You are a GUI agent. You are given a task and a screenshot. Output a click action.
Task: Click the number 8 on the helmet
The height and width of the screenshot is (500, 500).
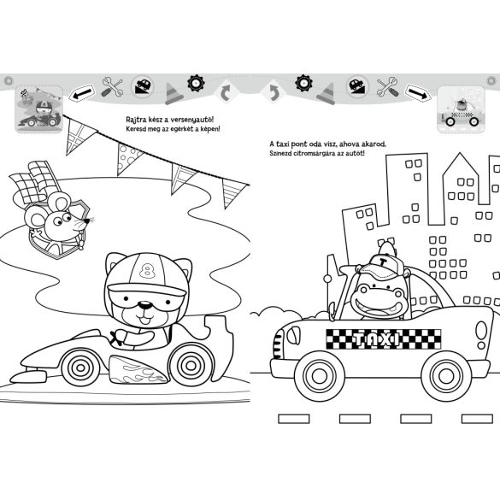pos(146,271)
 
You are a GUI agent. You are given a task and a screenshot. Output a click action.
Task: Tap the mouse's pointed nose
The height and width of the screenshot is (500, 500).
pos(86,221)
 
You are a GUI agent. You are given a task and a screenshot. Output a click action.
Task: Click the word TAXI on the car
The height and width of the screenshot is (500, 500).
pos(377,339)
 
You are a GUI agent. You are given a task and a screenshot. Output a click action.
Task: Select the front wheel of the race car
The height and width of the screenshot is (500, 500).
pos(80,368)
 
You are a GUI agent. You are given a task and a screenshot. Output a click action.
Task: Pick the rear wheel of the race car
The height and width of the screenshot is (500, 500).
pos(191,364)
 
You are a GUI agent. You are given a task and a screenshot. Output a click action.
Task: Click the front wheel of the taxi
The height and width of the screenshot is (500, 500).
pos(319,376)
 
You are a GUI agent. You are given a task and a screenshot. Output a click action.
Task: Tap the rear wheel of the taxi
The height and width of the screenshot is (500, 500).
pos(446,376)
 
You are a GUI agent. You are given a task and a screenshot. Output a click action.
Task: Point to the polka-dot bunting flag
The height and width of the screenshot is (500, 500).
pos(128,158)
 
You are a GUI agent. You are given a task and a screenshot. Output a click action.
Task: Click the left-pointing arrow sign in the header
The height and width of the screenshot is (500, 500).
pos(82,93)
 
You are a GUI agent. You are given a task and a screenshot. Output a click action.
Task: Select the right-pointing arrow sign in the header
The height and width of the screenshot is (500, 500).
pos(418,93)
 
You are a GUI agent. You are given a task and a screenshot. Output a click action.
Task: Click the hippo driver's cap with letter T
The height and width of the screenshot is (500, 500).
pos(382,265)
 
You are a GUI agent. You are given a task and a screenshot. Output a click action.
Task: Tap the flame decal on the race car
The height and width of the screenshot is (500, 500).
pos(138,370)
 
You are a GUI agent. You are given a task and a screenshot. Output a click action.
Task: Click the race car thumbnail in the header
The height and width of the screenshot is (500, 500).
pos(39,109)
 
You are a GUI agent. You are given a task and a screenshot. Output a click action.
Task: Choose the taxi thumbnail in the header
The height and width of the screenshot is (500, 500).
pos(461,109)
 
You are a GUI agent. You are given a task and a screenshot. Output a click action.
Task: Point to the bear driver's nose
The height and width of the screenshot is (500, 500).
pos(145,306)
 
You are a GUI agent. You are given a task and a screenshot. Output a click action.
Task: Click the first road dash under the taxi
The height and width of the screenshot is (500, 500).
pos(294,419)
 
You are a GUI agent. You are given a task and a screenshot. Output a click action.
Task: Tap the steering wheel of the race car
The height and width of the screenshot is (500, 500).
pos(115,338)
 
